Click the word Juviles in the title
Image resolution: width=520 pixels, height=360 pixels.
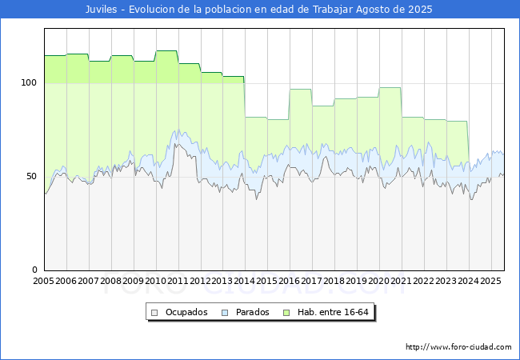101,10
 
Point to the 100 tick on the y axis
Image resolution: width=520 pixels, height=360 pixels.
29,83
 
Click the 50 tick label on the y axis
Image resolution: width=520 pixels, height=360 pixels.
31,176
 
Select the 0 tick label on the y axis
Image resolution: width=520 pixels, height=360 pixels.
34,270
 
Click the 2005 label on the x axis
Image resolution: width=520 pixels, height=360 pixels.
43,281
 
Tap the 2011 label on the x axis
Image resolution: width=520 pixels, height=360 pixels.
178,281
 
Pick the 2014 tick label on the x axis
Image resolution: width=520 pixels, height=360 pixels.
245,281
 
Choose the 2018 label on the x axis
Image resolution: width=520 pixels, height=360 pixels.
334,281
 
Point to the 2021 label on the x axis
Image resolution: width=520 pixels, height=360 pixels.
402,281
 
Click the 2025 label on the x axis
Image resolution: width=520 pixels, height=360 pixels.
491,281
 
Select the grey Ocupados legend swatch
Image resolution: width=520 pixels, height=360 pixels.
154,313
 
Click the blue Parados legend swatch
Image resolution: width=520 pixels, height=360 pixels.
225,313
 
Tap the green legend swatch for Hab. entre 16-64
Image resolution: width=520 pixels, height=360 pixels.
286,313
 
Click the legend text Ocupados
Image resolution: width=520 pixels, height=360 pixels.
186,312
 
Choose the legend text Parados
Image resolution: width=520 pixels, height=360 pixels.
252,312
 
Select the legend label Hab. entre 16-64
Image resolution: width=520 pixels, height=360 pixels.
333,312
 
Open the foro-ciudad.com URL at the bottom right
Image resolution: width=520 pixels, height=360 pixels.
458,347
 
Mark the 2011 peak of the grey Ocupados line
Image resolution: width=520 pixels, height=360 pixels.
176,144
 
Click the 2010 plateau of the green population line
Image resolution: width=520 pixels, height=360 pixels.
166,50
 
